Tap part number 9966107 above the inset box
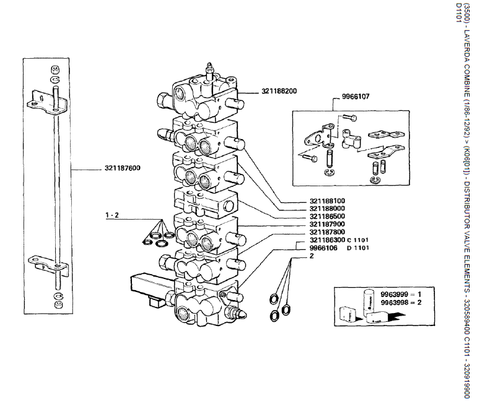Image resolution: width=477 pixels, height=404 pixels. click(x=356, y=97)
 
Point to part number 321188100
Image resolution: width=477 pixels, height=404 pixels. click(x=328, y=201)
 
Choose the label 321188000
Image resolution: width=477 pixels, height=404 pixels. click(x=328, y=209)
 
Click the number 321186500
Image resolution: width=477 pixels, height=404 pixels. click(x=328, y=217)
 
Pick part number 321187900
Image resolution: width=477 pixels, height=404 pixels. click(x=328, y=225)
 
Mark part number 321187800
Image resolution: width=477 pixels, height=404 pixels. click(x=328, y=232)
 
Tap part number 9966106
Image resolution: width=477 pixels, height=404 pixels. click(x=323, y=247)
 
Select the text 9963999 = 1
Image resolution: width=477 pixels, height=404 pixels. click(x=401, y=294)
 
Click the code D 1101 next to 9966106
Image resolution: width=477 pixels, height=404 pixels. click(x=357, y=248)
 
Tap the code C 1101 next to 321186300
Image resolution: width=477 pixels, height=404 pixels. click(x=357, y=240)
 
